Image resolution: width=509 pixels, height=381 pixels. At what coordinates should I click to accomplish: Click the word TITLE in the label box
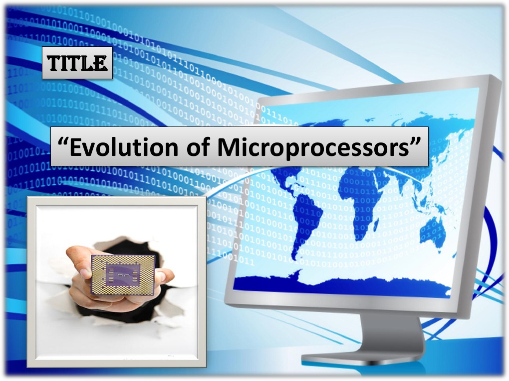pyautogui.click(x=77, y=63)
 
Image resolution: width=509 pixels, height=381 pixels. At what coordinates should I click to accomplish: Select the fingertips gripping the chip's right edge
pyautogui.click(x=165, y=276)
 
